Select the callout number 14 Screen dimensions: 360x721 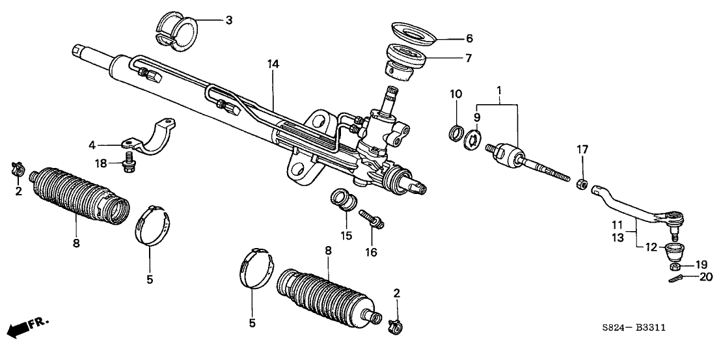[x=273, y=64]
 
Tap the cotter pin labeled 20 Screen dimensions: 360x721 [x=676, y=277]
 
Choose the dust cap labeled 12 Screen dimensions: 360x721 [x=673, y=250]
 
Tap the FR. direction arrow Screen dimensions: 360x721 [x=29, y=324]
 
